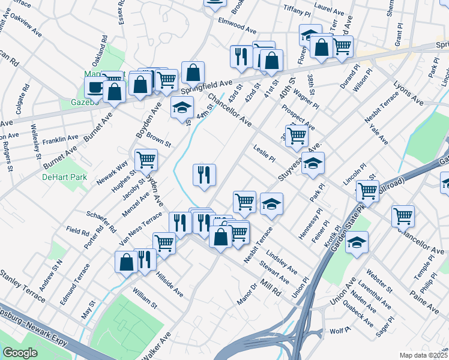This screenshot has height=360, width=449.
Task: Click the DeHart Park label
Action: click(x=64, y=177)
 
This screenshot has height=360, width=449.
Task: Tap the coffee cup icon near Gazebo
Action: click(x=95, y=87)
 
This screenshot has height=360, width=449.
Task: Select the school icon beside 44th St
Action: click(x=182, y=107)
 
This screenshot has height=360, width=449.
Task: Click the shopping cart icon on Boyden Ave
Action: click(x=146, y=160)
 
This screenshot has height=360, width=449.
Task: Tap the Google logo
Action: click(x=20, y=353)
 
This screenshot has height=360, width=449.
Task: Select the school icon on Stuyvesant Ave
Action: click(x=312, y=163)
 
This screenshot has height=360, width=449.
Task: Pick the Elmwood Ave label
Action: click(x=238, y=26)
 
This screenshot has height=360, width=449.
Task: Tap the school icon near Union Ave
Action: click(x=357, y=242)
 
